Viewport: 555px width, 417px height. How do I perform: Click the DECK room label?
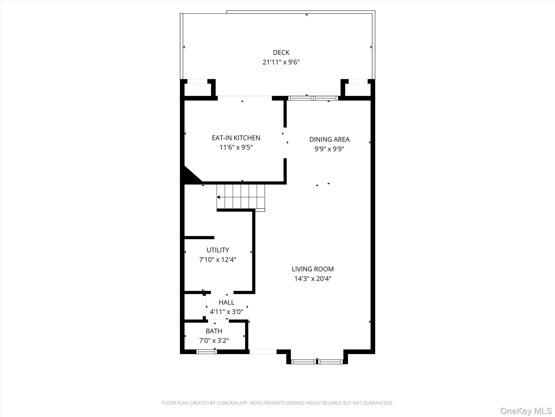pyautogui.click(x=281, y=52)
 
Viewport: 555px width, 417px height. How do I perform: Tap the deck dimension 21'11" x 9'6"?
pyautogui.click(x=281, y=62)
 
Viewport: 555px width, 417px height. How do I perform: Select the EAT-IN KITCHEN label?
pyautogui.click(x=236, y=138)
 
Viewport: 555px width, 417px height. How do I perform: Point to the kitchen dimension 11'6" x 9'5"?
pyautogui.click(x=236, y=147)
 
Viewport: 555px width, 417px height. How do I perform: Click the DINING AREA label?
pyautogui.click(x=329, y=139)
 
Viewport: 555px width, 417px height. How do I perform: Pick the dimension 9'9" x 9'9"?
pyautogui.click(x=329, y=149)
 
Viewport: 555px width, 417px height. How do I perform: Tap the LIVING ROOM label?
pyautogui.click(x=312, y=269)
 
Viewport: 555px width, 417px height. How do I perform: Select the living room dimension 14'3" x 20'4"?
pyautogui.click(x=312, y=279)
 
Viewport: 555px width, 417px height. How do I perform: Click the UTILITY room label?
pyautogui.click(x=218, y=250)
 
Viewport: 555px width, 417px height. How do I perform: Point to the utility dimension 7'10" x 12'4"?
pyautogui.click(x=218, y=260)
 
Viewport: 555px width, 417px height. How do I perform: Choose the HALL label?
pyautogui.click(x=226, y=302)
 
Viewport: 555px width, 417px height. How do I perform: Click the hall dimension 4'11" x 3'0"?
pyautogui.click(x=226, y=312)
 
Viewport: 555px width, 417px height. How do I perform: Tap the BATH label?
pyautogui.click(x=214, y=331)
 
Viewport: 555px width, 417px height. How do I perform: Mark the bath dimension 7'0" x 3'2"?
pyautogui.click(x=214, y=340)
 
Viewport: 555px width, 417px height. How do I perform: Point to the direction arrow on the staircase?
pyautogui.click(x=218, y=197)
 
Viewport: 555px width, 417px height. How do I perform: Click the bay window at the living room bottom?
pyautogui.click(x=317, y=362)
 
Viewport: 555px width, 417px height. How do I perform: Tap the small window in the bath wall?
pyautogui.click(x=206, y=352)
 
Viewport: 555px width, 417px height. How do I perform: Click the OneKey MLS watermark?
pyautogui.click(x=526, y=411)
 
